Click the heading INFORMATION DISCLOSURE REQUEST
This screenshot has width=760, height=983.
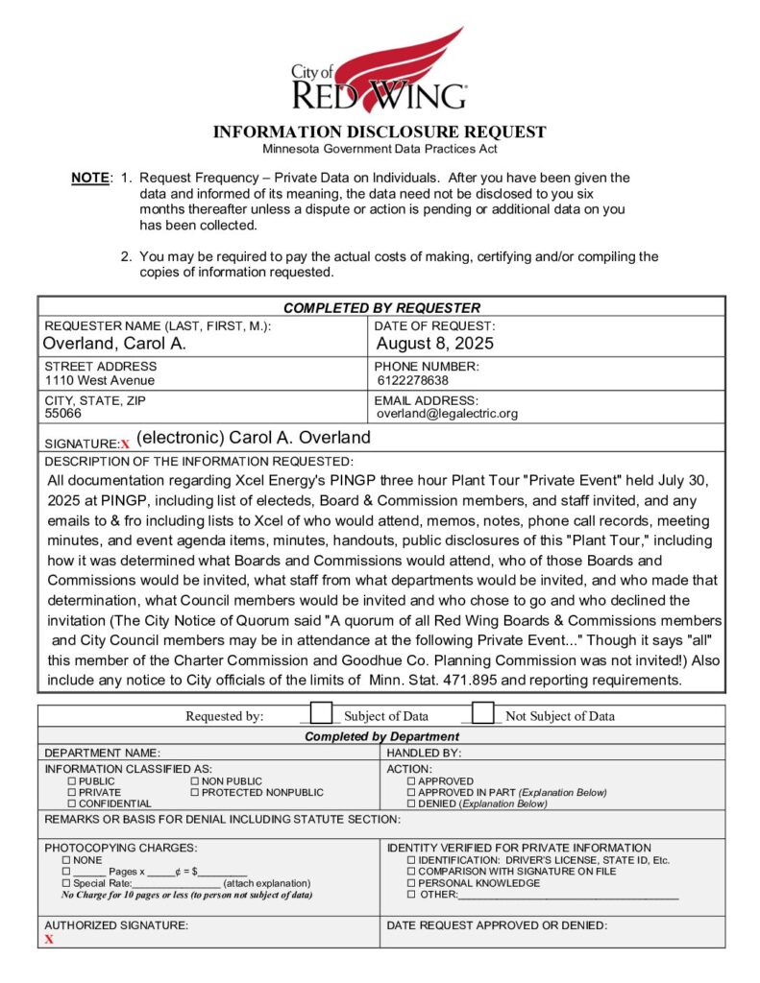(380, 132)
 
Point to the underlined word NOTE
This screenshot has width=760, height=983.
(90, 178)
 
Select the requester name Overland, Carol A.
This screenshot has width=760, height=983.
(114, 344)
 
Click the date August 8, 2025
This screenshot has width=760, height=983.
(434, 344)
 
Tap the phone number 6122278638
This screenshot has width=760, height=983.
(413, 380)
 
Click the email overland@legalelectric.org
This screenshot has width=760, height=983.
(447, 414)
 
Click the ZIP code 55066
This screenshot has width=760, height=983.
(63, 414)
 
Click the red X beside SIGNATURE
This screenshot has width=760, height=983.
(125, 444)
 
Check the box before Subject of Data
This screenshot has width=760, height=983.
(322, 714)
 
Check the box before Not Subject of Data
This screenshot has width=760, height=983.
(483, 714)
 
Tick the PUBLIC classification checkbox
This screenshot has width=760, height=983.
(71, 782)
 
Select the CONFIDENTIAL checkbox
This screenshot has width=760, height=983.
(71, 803)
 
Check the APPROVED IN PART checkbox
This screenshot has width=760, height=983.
(411, 793)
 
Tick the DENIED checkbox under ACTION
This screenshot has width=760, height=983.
(411, 803)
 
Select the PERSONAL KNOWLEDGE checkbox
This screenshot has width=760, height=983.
(411, 883)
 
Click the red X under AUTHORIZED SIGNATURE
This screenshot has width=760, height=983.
(49, 940)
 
